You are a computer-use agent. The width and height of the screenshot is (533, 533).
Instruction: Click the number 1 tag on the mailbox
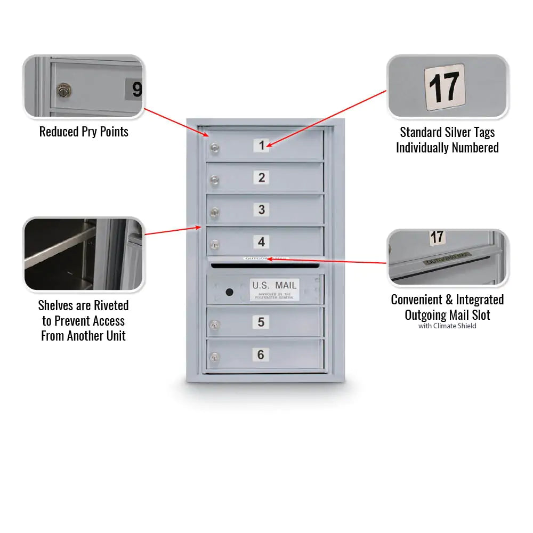pyautogui.click(x=261, y=145)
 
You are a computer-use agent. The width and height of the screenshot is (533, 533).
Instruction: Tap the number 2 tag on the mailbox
pyautogui.click(x=261, y=177)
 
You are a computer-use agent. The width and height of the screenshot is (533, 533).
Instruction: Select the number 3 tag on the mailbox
pyautogui.click(x=261, y=209)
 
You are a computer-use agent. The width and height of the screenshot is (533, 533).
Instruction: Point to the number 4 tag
pyautogui.click(x=261, y=242)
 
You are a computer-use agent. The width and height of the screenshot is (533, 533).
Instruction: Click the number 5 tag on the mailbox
pyautogui.click(x=261, y=322)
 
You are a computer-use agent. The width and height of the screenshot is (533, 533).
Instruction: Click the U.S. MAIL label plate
pyautogui.click(x=274, y=289)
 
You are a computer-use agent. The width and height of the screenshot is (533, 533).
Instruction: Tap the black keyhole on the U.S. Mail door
pyautogui.click(x=229, y=292)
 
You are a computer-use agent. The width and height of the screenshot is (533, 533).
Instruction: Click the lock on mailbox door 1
pyautogui.click(x=214, y=148)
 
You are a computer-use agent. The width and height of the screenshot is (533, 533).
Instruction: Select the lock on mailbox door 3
pyautogui.click(x=214, y=213)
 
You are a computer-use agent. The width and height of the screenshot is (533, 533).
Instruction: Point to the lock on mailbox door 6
pyautogui.click(x=214, y=358)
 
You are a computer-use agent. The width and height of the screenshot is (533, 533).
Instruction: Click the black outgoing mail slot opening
pyautogui.click(x=265, y=264)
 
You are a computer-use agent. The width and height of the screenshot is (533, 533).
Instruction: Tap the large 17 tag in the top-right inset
pyautogui.click(x=445, y=85)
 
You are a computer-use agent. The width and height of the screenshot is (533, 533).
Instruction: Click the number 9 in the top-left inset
pyautogui.click(x=136, y=89)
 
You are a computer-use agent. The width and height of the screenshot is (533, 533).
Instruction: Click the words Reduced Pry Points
pyautogui.click(x=84, y=132)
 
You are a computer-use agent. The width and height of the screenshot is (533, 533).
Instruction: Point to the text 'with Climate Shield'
pyautogui.click(x=447, y=326)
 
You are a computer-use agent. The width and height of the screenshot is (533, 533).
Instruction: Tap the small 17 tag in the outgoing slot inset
pyautogui.click(x=437, y=237)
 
